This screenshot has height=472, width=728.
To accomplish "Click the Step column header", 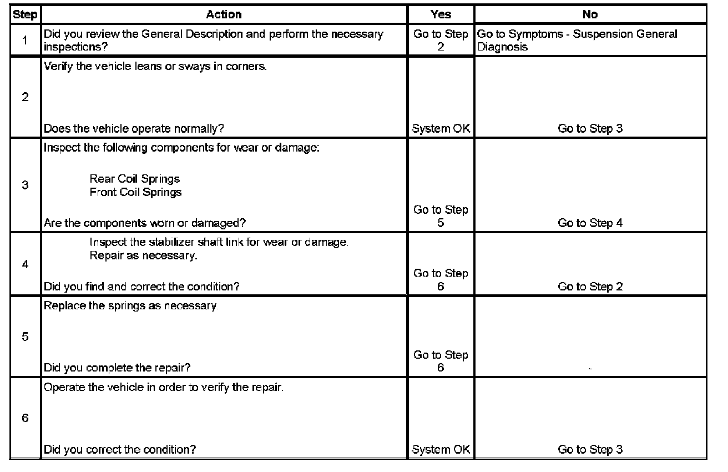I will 25,14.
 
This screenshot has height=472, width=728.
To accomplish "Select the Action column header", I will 224,14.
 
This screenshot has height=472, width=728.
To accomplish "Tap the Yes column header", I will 441,14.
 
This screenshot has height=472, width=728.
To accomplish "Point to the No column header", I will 590,14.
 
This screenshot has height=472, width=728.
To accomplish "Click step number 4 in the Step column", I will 25,264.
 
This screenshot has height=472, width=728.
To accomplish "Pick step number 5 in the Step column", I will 25,337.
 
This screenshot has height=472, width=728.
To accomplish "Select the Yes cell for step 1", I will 441,41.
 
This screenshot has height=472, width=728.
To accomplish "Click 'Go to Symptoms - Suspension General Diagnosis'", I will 577,41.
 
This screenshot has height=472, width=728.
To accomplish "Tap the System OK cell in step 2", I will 441,129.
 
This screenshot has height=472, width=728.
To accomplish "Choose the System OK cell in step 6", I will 441,450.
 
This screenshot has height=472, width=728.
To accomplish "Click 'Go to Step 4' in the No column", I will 590,223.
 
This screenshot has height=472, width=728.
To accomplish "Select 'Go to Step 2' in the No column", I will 590,287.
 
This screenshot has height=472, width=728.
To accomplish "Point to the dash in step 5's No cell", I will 590,368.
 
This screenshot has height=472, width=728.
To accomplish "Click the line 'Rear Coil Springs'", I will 135,179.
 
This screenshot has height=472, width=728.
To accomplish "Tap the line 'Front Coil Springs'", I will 135,192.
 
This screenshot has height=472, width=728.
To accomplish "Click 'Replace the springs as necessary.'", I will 131,307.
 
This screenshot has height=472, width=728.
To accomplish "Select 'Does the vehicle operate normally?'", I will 134,129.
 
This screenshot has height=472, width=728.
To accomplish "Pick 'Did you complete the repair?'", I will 121,368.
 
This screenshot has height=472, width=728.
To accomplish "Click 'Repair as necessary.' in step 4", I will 143,256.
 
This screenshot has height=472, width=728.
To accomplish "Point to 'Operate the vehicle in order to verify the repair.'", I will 164,387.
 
